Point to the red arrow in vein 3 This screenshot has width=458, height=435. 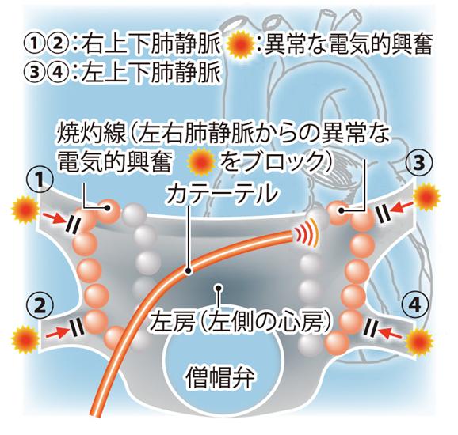point(403,206)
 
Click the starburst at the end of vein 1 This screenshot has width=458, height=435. point(25,210)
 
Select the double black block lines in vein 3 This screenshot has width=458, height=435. point(381,213)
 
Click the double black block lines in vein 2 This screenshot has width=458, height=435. point(76,327)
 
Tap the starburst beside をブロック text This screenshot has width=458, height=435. point(202,160)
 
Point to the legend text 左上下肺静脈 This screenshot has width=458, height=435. point(151,71)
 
